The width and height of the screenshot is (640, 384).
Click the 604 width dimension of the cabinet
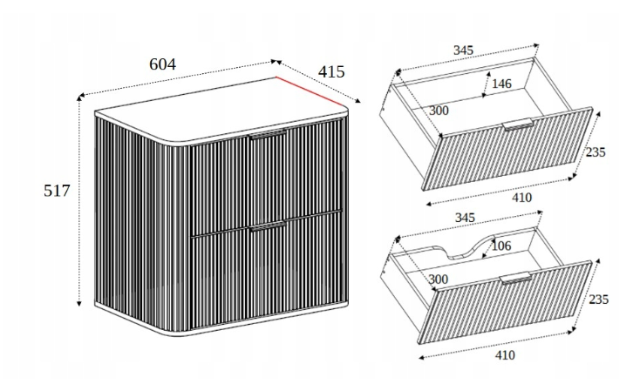click(x=162, y=64)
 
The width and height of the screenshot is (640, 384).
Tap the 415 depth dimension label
click(x=331, y=71)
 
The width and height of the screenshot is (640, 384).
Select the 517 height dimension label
click(x=58, y=191)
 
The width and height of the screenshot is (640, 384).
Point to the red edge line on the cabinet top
click(x=311, y=92)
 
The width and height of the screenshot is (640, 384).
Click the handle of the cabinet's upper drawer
click(x=268, y=135)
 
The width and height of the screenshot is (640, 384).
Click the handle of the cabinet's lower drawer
click(x=269, y=226)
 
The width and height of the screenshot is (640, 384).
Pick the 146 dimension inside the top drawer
click(x=501, y=84)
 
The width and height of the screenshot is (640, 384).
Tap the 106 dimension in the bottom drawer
click(x=500, y=246)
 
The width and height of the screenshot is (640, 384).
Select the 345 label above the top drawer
click(x=463, y=51)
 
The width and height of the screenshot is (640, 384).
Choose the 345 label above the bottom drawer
click(x=465, y=218)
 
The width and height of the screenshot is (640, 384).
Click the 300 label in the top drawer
click(x=439, y=111)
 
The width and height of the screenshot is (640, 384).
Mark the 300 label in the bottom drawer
click(x=439, y=280)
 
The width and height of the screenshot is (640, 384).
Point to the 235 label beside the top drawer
click(x=596, y=152)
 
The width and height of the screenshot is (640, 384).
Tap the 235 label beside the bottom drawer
click(x=598, y=300)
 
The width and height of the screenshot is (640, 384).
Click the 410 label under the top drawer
click(x=521, y=198)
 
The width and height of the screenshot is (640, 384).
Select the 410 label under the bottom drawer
click(x=505, y=355)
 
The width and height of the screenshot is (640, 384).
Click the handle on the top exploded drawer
click(x=518, y=124)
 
